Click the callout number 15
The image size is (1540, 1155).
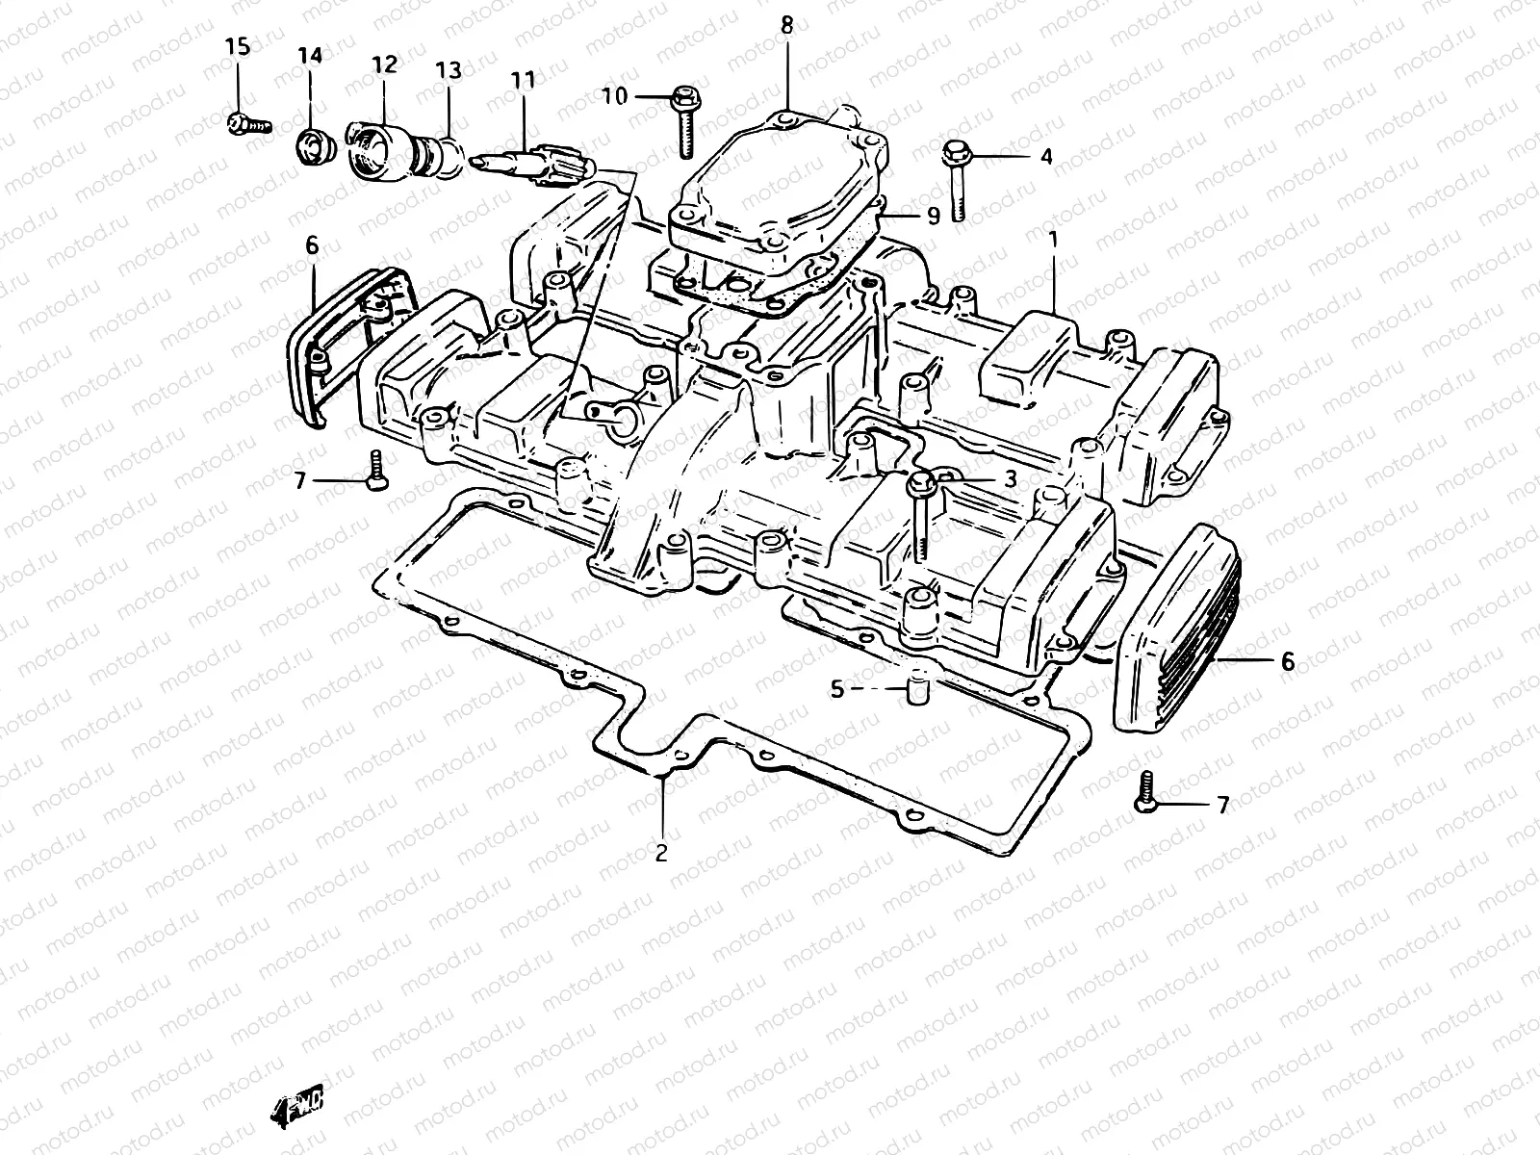tap(237, 46)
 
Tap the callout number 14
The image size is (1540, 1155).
tap(310, 56)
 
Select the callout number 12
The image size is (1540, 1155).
tap(384, 64)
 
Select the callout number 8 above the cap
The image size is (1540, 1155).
tap(787, 25)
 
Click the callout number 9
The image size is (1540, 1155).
tap(933, 216)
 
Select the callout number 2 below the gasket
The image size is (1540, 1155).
tap(661, 853)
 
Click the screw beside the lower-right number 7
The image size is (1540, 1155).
tap(1145, 793)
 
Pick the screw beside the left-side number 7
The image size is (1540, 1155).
tap(375, 472)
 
